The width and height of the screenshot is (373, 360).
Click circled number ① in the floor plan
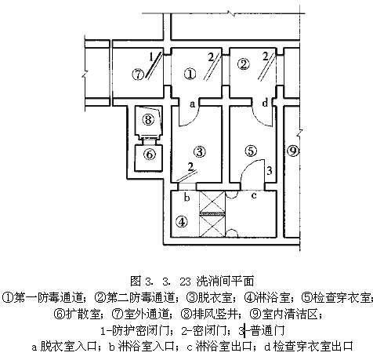pos(190,74)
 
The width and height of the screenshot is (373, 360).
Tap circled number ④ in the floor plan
pos(182,222)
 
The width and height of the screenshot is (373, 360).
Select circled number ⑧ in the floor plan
pos(148,120)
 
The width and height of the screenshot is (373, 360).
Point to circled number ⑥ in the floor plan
pos(150,155)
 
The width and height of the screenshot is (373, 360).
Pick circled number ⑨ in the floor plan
pos(293,151)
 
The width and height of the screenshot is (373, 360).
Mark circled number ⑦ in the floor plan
pos(138,75)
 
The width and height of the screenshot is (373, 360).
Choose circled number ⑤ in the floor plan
pos(251,151)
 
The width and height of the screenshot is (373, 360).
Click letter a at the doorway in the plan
pos(192,104)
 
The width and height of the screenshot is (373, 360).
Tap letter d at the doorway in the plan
pos(265,103)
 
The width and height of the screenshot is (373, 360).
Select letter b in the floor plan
pos(186,198)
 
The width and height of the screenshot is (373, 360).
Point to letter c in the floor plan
pos(254,195)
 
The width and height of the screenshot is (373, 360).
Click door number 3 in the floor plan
pos(270,171)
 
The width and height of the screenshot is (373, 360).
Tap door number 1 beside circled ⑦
pos(151,56)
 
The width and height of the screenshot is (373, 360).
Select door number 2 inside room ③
pos(190,167)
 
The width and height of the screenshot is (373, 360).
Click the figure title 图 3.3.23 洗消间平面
pos(192,281)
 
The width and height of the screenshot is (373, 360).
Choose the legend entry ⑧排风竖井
pos(213,314)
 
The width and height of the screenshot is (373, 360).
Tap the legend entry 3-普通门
pos(262,331)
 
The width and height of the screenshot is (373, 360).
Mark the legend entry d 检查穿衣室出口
pos(309,347)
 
